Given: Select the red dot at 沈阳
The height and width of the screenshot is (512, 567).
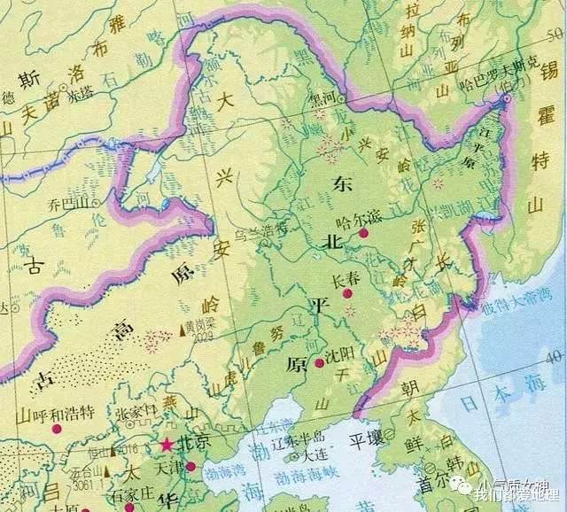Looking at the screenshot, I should click(x=319, y=362).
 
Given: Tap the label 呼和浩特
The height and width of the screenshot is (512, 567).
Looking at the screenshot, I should click(x=64, y=413).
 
